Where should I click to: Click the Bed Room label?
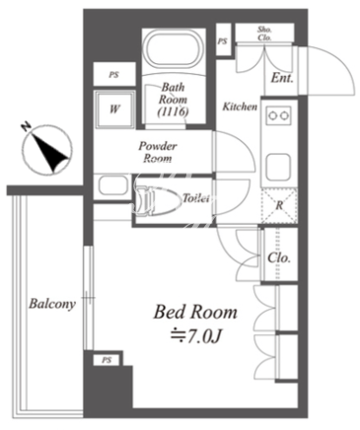click(x=195, y=313)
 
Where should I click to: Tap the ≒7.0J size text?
click(x=194, y=336)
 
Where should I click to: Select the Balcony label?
click(x=52, y=304)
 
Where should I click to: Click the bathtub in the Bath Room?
click(x=174, y=49)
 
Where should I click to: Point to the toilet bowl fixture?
click(x=159, y=200)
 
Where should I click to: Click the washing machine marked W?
click(x=114, y=108)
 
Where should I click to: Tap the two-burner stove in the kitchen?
click(x=279, y=115)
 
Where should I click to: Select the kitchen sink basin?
click(x=278, y=167)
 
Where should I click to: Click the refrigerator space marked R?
click(x=279, y=206)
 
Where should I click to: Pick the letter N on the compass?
click(x=26, y=127)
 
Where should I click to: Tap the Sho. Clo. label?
click(x=264, y=34)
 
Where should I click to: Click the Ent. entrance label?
click(x=282, y=78)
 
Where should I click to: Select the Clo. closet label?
click(x=279, y=257)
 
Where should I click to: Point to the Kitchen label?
click(x=240, y=107)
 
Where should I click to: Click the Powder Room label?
click(x=158, y=152)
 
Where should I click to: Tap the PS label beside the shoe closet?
click(x=222, y=41)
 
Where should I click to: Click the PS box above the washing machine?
click(x=114, y=74)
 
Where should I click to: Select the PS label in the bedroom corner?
click(x=107, y=360)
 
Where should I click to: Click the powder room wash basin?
click(x=113, y=185)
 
